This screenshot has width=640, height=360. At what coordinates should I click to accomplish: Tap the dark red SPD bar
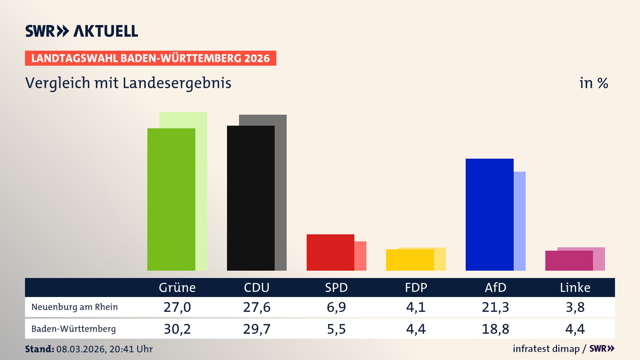330,252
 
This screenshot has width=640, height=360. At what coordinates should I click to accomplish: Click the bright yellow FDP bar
410,260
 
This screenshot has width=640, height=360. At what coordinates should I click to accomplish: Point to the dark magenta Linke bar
569,261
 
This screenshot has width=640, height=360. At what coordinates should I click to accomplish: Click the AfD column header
495,287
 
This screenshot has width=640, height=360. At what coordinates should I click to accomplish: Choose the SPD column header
336,287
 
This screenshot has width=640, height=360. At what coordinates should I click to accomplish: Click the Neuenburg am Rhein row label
75,307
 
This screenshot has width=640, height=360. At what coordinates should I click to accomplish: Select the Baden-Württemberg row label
74,329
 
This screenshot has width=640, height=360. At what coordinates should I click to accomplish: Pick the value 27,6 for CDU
257,307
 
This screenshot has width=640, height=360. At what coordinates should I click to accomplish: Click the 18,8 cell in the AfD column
495,329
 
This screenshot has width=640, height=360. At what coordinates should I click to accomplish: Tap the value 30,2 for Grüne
177,329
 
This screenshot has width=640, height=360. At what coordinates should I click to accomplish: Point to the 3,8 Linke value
575,307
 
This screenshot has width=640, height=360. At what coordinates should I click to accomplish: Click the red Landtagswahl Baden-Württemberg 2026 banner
150,58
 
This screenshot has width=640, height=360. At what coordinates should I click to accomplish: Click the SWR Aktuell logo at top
82,31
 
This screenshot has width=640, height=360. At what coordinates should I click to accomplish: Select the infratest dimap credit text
546,349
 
